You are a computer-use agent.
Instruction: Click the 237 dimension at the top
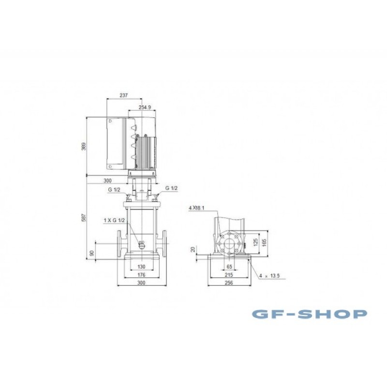(124, 95)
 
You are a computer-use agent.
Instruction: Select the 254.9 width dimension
(145, 107)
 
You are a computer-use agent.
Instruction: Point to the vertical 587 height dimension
(84, 217)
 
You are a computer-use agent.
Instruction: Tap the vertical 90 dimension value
(91, 253)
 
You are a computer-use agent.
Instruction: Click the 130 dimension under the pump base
(141, 267)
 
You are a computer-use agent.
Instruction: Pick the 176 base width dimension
(141, 275)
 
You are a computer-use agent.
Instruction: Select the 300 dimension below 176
(141, 283)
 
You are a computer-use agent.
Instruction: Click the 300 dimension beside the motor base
(107, 180)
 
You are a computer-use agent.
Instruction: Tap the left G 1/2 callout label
(114, 190)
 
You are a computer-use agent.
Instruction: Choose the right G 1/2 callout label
(171, 188)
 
